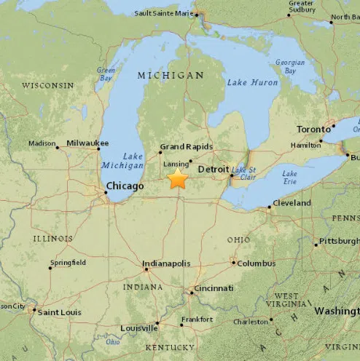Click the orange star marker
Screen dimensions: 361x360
click(178, 178)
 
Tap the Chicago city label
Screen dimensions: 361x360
click(125, 187)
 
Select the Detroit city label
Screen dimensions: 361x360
click(214, 169)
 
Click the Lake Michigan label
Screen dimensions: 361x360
click(133, 162)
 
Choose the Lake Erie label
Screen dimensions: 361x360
click(289, 178)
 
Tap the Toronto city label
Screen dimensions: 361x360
click(313, 129)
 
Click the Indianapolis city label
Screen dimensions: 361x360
click(166, 263)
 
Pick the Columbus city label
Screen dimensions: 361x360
click(257, 263)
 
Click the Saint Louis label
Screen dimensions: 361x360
click(59, 312)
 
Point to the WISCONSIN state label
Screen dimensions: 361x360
click(47, 85)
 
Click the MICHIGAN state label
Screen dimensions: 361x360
click(171, 75)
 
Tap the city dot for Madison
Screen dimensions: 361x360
click(58, 148)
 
